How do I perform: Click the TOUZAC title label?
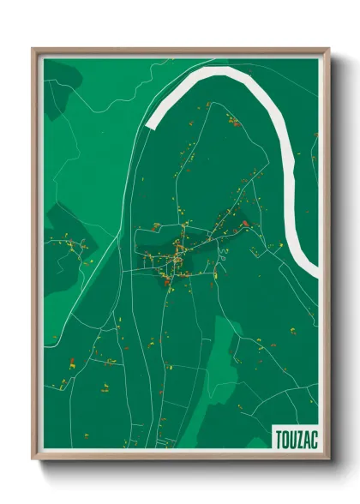[296, 438]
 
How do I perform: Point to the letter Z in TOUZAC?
[298, 438]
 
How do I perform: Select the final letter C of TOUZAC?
[312, 438]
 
